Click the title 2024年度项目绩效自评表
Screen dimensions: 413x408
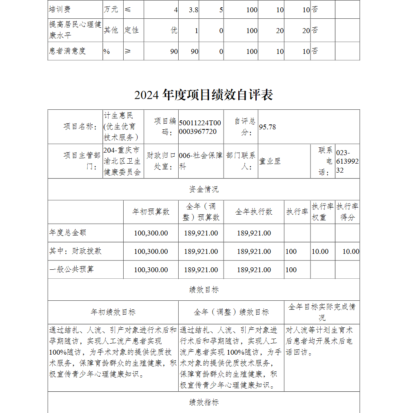(x=204, y=95)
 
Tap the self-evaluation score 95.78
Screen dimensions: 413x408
(x=267, y=127)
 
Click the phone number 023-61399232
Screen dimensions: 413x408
(x=347, y=161)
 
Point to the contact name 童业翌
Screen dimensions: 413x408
(x=270, y=161)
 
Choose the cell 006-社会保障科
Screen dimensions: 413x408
(x=200, y=161)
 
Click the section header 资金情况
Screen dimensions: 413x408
(x=204, y=189)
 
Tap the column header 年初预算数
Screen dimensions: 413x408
(x=151, y=212)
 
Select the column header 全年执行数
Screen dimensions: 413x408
(x=254, y=212)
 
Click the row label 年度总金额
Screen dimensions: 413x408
(x=68, y=233)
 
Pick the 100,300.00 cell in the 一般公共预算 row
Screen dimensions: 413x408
(x=151, y=270)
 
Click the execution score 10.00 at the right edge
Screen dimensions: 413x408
(x=350, y=251)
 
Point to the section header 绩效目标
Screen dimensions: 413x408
(x=204, y=290)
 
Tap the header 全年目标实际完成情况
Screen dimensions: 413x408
(x=322, y=312)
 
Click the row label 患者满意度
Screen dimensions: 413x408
(x=68, y=51)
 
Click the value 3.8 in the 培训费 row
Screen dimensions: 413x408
(x=193, y=9)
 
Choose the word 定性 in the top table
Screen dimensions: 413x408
(x=131, y=30)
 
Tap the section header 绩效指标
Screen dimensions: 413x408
(x=204, y=402)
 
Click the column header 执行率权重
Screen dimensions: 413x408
(x=323, y=212)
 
